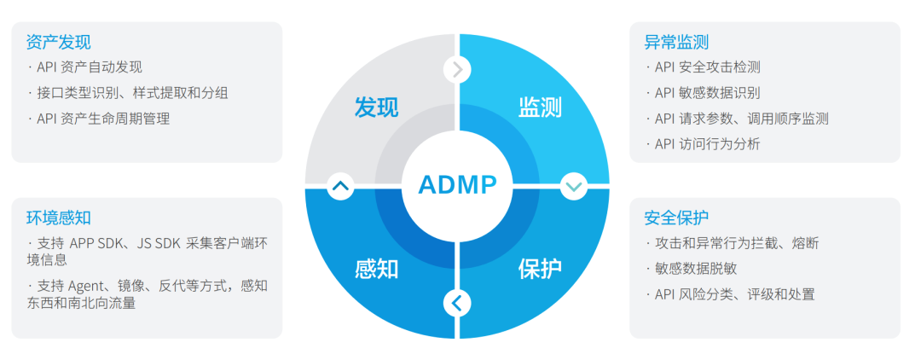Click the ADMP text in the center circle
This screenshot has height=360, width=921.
pos(457,183)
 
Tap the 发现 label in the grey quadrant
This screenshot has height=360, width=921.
pos(376,107)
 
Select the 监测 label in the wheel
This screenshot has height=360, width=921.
pos(540,107)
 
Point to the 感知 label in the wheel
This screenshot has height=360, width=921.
pos(376,269)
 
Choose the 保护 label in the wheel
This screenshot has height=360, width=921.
pos(540,269)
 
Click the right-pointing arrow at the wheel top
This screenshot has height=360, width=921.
pos(457,69)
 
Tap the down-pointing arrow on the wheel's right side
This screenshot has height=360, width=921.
pos(573,185)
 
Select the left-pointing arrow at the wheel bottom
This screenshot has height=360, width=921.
pos(457,302)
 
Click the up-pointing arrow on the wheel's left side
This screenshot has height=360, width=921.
pos(340,185)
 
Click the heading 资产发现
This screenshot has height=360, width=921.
pos(59,43)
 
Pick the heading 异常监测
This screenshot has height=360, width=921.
pos(676,42)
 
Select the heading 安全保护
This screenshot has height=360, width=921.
pos(676,218)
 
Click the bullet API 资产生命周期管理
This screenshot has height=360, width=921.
pos(103,119)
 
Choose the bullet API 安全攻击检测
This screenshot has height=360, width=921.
pos(707,67)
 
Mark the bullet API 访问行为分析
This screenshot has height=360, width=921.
pos(707,144)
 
